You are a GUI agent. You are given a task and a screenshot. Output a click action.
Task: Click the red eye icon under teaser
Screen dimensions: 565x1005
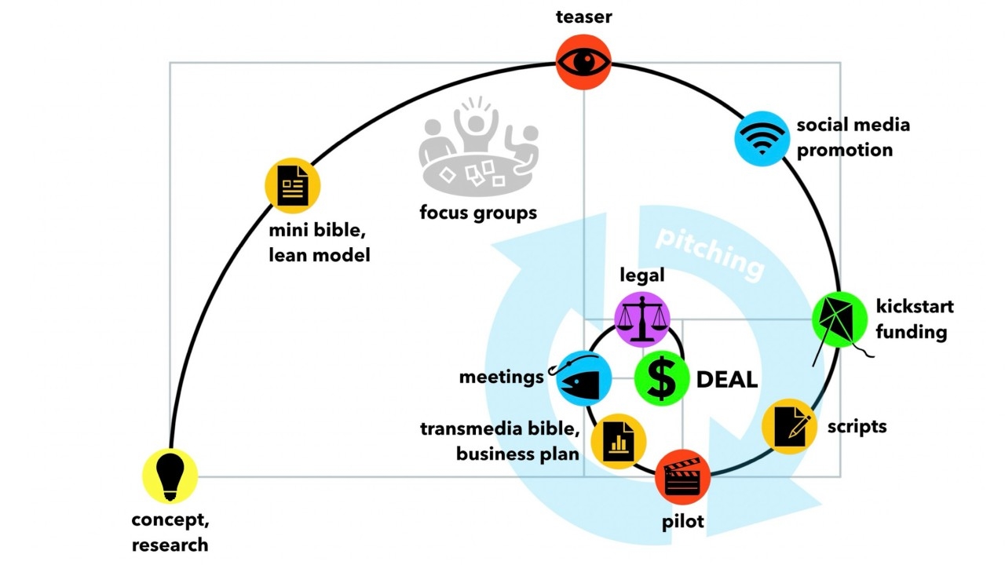583,62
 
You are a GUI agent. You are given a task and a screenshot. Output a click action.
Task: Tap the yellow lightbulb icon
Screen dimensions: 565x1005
170,476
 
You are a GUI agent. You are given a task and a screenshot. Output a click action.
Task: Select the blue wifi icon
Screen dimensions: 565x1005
761,138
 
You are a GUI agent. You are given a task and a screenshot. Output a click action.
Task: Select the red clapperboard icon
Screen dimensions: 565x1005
682,476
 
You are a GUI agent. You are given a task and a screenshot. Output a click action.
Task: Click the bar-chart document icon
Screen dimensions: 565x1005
618,442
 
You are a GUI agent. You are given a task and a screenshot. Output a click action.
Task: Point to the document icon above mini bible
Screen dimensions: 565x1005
293,186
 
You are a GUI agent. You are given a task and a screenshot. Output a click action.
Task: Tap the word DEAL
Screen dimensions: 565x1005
727,380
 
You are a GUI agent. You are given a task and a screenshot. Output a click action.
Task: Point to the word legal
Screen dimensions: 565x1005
641,275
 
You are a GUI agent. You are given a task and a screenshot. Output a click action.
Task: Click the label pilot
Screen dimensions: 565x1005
682,521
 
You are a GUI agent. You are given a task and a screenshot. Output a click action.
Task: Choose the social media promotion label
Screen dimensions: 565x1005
853,137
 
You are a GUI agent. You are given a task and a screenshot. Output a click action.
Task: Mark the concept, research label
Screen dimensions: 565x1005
170,532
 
